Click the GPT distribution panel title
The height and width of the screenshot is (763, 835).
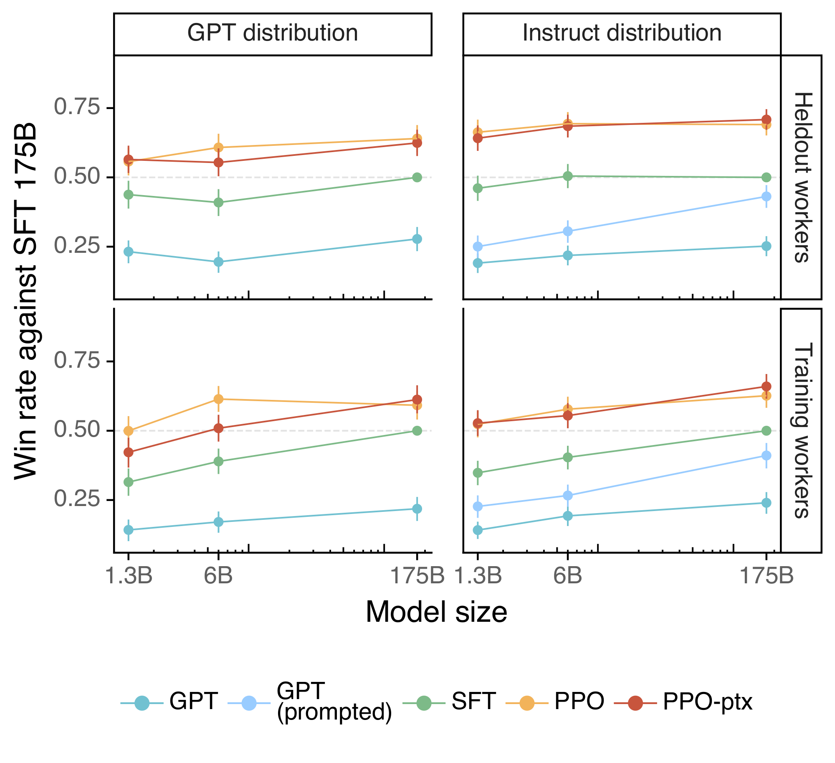click(x=273, y=33)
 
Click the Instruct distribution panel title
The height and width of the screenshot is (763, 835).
click(x=622, y=33)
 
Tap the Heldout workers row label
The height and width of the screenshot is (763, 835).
click(x=802, y=177)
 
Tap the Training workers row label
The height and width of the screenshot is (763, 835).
click(x=802, y=430)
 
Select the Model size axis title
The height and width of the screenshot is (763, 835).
click(x=436, y=612)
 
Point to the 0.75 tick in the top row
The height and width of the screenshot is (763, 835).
click(x=77, y=107)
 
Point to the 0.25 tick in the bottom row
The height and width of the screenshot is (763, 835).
click(x=77, y=499)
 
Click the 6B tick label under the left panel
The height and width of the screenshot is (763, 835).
click(x=218, y=576)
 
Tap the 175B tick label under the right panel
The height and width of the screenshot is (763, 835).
click(x=767, y=576)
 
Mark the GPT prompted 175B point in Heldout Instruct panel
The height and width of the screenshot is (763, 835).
click(x=767, y=196)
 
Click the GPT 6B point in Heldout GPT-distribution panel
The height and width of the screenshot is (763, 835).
click(x=218, y=262)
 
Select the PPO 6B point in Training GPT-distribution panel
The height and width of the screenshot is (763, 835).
click(x=218, y=399)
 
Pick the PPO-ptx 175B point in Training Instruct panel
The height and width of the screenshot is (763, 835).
click(x=767, y=386)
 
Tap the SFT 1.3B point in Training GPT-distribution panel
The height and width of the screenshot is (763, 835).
click(x=129, y=482)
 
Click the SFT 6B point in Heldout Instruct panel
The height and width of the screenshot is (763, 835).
click(x=568, y=176)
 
